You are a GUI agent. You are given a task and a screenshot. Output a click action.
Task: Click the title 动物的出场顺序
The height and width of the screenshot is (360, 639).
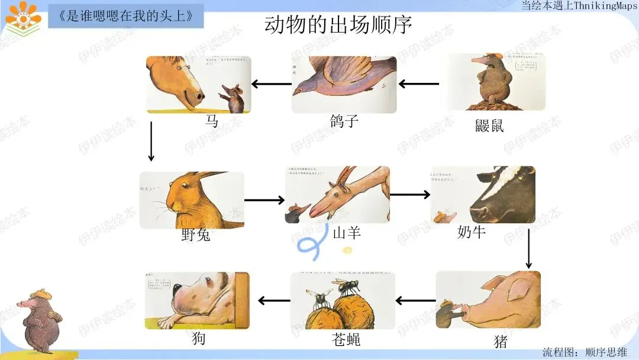tap(338, 25)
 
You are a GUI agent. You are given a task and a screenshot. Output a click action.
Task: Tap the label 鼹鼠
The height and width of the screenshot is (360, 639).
tap(489, 125)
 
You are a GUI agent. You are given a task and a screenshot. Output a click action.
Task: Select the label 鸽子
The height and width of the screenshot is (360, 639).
tap(344, 121)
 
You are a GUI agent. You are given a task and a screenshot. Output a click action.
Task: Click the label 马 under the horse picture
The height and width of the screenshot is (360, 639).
tap(211, 121)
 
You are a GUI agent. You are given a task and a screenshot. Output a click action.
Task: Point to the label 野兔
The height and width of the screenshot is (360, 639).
tap(196, 236)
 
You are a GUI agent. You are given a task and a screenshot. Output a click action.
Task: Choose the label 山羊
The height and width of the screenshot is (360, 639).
tap(347, 233)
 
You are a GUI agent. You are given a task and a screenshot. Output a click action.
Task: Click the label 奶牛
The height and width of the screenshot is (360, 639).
tap(472, 232)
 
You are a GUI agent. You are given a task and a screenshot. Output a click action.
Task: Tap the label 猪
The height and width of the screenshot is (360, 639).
tap(501, 342)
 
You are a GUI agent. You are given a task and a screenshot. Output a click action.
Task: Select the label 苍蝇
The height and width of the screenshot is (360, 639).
tap(346, 339)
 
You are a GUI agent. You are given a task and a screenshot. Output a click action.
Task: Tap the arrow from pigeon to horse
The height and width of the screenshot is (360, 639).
tap(272, 84)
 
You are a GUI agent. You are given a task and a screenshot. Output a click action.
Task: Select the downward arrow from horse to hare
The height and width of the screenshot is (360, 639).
tap(151, 141)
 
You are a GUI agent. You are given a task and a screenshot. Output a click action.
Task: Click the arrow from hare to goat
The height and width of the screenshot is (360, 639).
tap(264, 200)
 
